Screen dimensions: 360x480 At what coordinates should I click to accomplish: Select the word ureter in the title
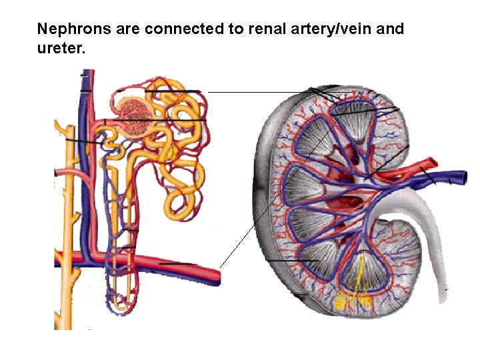tap(59, 49)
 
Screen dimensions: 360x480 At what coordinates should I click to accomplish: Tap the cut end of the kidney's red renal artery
tap(431, 162)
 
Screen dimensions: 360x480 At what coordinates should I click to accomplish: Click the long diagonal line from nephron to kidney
tap(280, 180)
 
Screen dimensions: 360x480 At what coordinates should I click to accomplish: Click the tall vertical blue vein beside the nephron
tap(85, 167)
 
